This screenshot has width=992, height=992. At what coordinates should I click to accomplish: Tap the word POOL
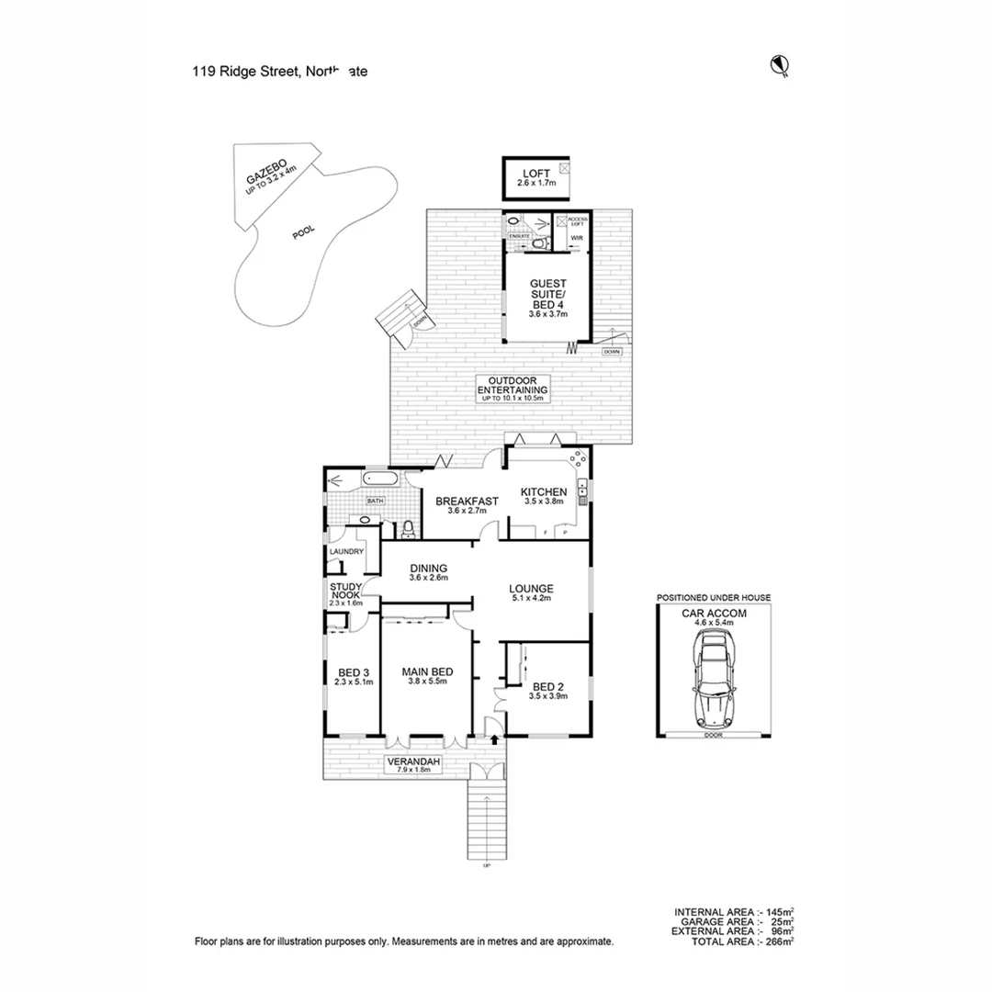303,233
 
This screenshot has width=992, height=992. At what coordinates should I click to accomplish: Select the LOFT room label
536,174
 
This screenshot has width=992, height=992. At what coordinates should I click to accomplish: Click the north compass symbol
782,64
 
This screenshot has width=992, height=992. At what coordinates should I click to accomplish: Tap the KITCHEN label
544,492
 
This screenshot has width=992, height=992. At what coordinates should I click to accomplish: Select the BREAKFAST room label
467,501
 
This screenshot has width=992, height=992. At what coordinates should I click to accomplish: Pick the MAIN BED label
425,671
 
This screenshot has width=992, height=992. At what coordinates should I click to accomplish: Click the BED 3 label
352,671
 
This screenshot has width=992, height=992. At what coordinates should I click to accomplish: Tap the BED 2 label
548,686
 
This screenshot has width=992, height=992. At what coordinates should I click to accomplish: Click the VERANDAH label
413,762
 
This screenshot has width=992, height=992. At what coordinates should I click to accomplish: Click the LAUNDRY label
347,551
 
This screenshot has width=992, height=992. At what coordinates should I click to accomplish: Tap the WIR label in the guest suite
577,238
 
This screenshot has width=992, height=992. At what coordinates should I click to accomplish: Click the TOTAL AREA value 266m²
781,941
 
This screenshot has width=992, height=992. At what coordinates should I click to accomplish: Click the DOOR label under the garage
714,735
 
